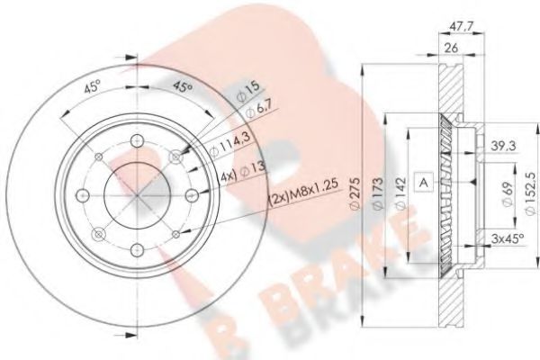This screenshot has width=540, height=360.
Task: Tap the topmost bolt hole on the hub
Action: (x=133, y=139)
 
